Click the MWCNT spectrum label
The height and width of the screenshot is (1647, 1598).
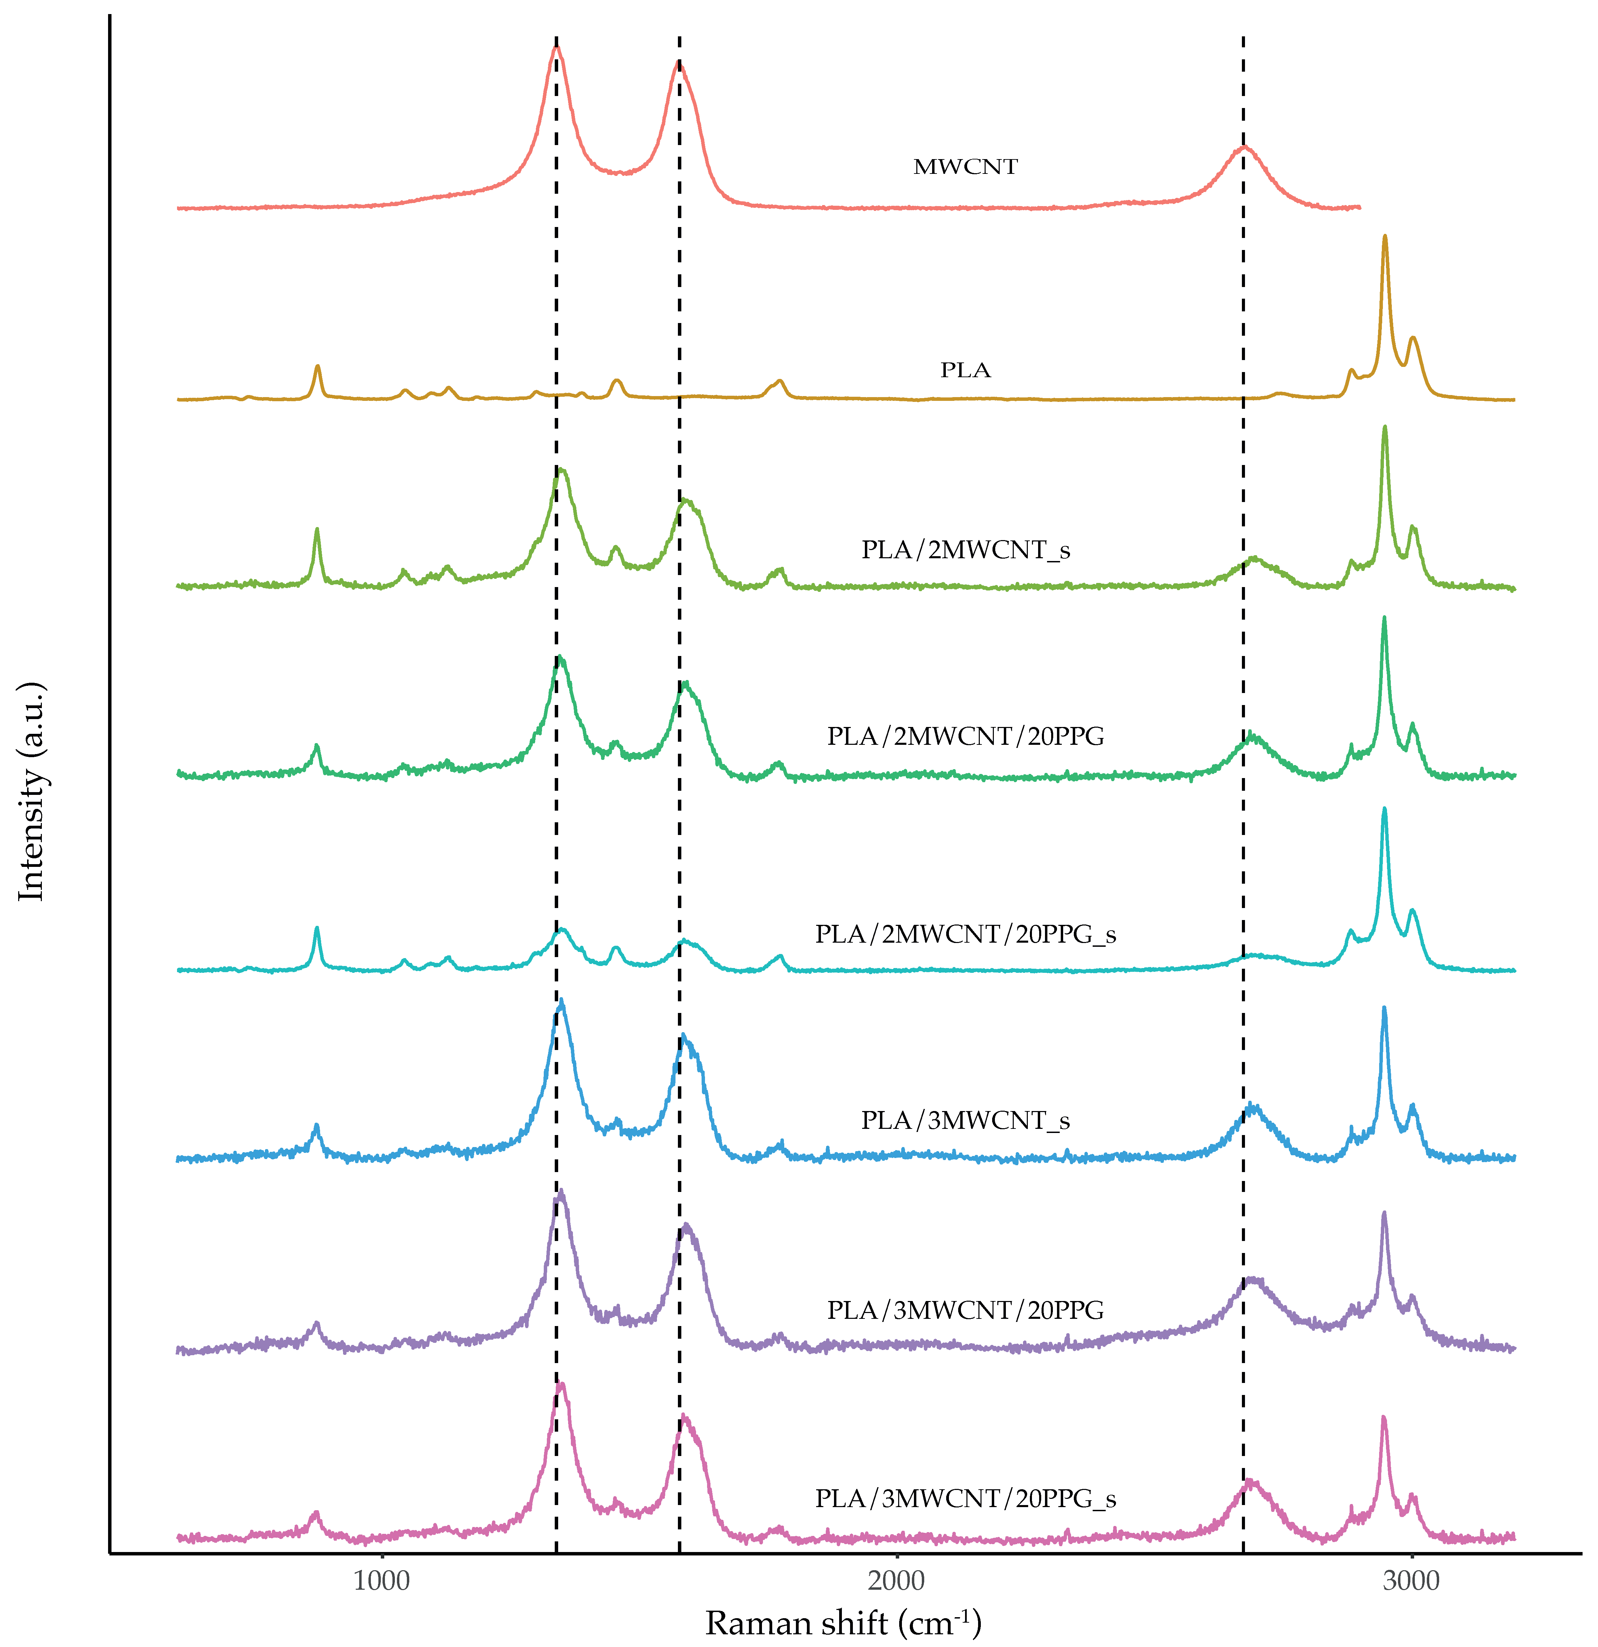click(965, 166)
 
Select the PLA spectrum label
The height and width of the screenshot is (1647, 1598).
click(965, 370)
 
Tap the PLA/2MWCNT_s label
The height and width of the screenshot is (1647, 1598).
click(965, 550)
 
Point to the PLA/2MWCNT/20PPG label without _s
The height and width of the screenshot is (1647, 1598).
click(965, 736)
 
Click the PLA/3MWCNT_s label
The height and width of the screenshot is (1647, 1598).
click(965, 1120)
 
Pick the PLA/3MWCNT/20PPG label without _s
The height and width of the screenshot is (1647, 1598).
click(965, 1310)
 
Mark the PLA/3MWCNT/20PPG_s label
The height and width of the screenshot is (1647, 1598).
click(965, 1498)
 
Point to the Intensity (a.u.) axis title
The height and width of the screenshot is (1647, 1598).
click(32, 791)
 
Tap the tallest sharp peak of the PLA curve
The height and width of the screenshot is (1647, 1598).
click(1385, 237)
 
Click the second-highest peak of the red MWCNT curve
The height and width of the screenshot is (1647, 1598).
click(678, 63)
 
